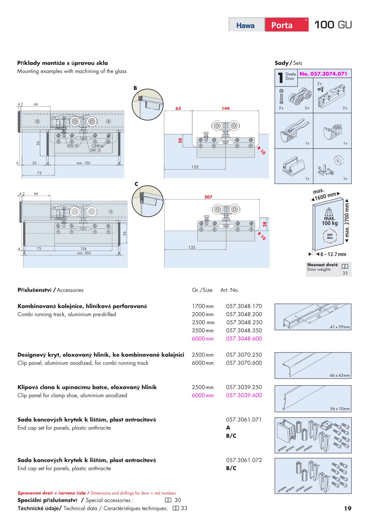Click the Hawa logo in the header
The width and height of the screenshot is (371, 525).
pos(245,25)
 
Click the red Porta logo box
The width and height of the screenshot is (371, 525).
pos(286,25)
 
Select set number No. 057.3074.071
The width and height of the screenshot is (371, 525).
pos(323,74)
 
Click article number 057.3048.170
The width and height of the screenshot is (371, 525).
pos(244,306)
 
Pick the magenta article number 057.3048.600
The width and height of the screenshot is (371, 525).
pos(244,339)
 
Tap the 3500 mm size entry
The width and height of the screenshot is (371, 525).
pos(203,330)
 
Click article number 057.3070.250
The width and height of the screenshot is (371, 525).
pos(244,355)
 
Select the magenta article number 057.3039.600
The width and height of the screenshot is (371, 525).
pos(244,395)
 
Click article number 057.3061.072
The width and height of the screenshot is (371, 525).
pos(244,460)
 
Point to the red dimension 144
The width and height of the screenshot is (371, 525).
pos(226,108)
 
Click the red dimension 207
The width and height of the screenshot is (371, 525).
pos(208,197)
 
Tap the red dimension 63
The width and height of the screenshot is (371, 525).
pos(178,108)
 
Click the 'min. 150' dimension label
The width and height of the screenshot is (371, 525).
pos(83,163)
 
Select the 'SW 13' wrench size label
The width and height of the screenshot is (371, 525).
pos(95,150)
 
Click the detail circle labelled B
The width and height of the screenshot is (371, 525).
pos(147,104)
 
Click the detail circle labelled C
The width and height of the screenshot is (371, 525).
pos(147,201)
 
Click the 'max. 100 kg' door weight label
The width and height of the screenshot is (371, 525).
pos(330,220)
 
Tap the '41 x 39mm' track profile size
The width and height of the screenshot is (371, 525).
pos(340,327)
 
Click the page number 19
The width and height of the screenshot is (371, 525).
pos(348,508)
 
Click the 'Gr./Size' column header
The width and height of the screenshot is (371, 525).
pos(202,290)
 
